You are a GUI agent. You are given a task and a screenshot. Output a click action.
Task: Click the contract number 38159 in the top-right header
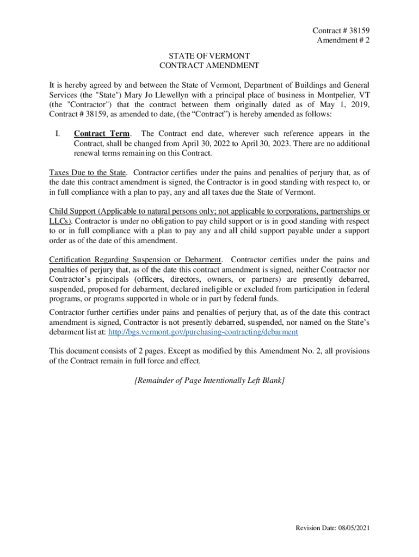point(359,30)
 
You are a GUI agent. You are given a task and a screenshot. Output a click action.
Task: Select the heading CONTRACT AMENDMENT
point(209,65)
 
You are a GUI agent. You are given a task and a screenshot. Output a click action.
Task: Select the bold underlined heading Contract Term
point(102,133)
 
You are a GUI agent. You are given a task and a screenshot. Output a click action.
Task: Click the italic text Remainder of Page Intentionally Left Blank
point(209,381)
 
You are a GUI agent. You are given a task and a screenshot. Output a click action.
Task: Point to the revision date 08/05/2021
point(352,528)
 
